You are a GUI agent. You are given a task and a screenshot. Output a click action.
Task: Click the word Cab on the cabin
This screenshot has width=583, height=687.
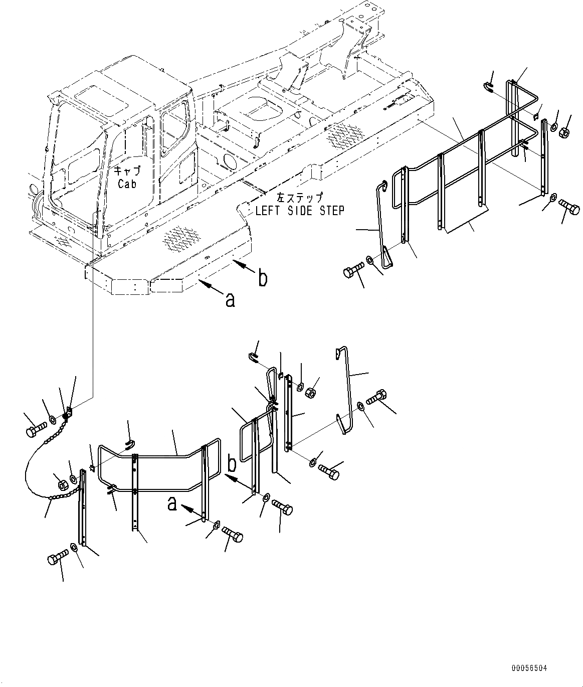click(x=127, y=184)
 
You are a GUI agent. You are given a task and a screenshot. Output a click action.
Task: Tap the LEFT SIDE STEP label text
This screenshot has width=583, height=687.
click(x=300, y=211)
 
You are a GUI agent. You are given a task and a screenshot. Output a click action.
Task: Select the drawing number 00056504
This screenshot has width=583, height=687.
click(x=529, y=668)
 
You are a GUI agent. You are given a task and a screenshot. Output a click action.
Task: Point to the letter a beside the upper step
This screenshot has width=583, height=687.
click(x=230, y=299)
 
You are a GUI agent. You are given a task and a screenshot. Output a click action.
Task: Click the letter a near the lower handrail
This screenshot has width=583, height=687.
click(x=172, y=504)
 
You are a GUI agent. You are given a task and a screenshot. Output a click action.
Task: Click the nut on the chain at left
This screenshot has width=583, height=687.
click(x=63, y=484)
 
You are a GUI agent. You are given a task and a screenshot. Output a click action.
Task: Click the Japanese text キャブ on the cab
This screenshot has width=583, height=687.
click(x=127, y=170)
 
